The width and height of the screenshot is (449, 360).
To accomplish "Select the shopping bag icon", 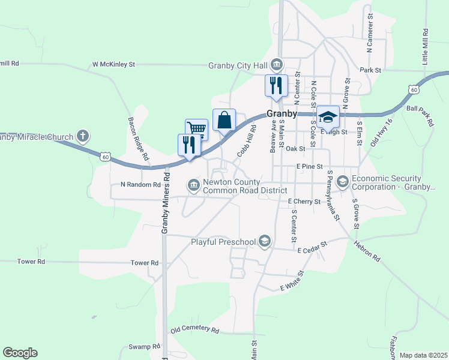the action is point(224,119).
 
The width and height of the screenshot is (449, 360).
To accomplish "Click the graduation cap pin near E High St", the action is point(328,116).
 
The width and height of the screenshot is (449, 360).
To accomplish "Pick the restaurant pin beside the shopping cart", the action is point(189,145).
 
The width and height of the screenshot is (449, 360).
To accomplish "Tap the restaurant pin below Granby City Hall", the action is point(276,85).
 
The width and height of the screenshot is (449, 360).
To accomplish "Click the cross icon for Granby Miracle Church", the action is point(83,136).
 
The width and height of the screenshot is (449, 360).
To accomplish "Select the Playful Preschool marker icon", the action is point(265,242).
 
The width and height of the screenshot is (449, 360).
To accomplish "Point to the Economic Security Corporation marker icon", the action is point(342,181).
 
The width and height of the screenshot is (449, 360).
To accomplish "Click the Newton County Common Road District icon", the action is point(194,185).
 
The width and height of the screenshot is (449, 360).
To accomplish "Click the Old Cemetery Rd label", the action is point(195,330).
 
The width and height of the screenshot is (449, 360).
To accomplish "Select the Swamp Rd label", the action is point(145,347).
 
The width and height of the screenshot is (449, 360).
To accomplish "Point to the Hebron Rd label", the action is point(367,249).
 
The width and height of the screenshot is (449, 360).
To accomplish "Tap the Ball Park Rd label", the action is point(420,116).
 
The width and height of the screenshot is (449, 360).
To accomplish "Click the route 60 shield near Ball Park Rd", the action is point(414,89).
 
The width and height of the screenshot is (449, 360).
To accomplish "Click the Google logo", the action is point(20,353).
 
